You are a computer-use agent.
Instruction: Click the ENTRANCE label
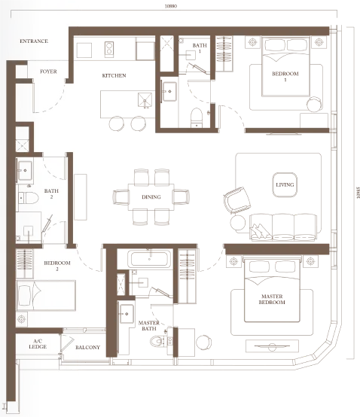(x=34, y=41)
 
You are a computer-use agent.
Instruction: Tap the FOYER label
(x=48, y=72)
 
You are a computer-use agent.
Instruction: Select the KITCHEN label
(x=114, y=75)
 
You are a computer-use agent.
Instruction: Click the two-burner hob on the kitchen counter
(x=109, y=50)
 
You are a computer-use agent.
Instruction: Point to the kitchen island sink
(x=145, y=100)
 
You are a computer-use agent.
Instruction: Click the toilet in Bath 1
(x=197, y=117)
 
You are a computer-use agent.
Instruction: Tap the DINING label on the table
(x=151, y=197)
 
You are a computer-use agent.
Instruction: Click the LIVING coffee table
(x=285, y=185)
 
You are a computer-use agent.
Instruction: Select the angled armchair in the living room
(x=237, y=200)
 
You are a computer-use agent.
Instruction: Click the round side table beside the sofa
(x=238, y=222)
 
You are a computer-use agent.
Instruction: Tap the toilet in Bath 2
(x=29, y=198)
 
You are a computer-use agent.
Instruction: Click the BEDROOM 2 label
(x=57, y=266)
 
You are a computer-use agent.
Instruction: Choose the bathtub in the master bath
(x=149, y=259)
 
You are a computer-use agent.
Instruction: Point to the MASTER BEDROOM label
(x=272, y=299)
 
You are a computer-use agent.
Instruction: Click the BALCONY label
(x=87, y=347)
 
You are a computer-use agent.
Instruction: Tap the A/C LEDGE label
(x=38, y=344)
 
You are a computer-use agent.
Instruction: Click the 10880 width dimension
(x=170, y=6)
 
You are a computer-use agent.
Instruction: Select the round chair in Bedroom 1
(x=314, y=104)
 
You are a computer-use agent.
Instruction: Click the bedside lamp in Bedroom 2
(x=21, y=319)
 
